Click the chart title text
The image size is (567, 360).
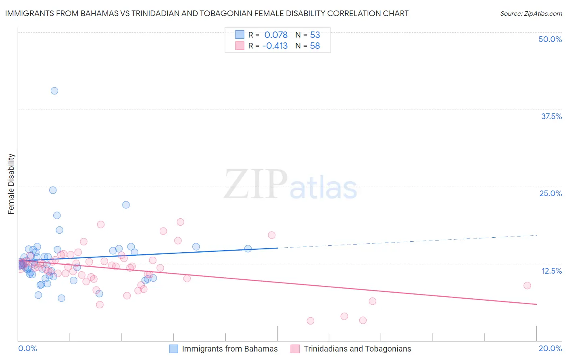coord(207,13)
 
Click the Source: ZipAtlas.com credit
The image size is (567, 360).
coord(531,13)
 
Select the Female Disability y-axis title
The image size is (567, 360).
coord(11,184)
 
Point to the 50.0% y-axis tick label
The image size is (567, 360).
coord(550,39)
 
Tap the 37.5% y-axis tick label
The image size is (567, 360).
coord(551,116)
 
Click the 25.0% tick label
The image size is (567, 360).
coord(550,193)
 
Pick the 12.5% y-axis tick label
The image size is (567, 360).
coord(551,271)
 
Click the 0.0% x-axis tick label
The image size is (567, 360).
coord(27,348)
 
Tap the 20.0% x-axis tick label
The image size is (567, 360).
coord(550,348)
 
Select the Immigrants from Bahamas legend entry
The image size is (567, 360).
coord(229,349)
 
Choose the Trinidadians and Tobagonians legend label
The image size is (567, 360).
coord(357,349)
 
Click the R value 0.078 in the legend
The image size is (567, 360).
coord(276,35)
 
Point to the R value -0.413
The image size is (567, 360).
coord(275,46)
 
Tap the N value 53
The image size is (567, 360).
coord(315,35)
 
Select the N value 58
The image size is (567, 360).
coord(315,46)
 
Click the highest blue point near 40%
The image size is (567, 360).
coord(54,91)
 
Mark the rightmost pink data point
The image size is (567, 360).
coord(527,285)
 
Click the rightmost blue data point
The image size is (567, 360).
coord(248,249)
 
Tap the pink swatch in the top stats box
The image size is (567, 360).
coord(240,46)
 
